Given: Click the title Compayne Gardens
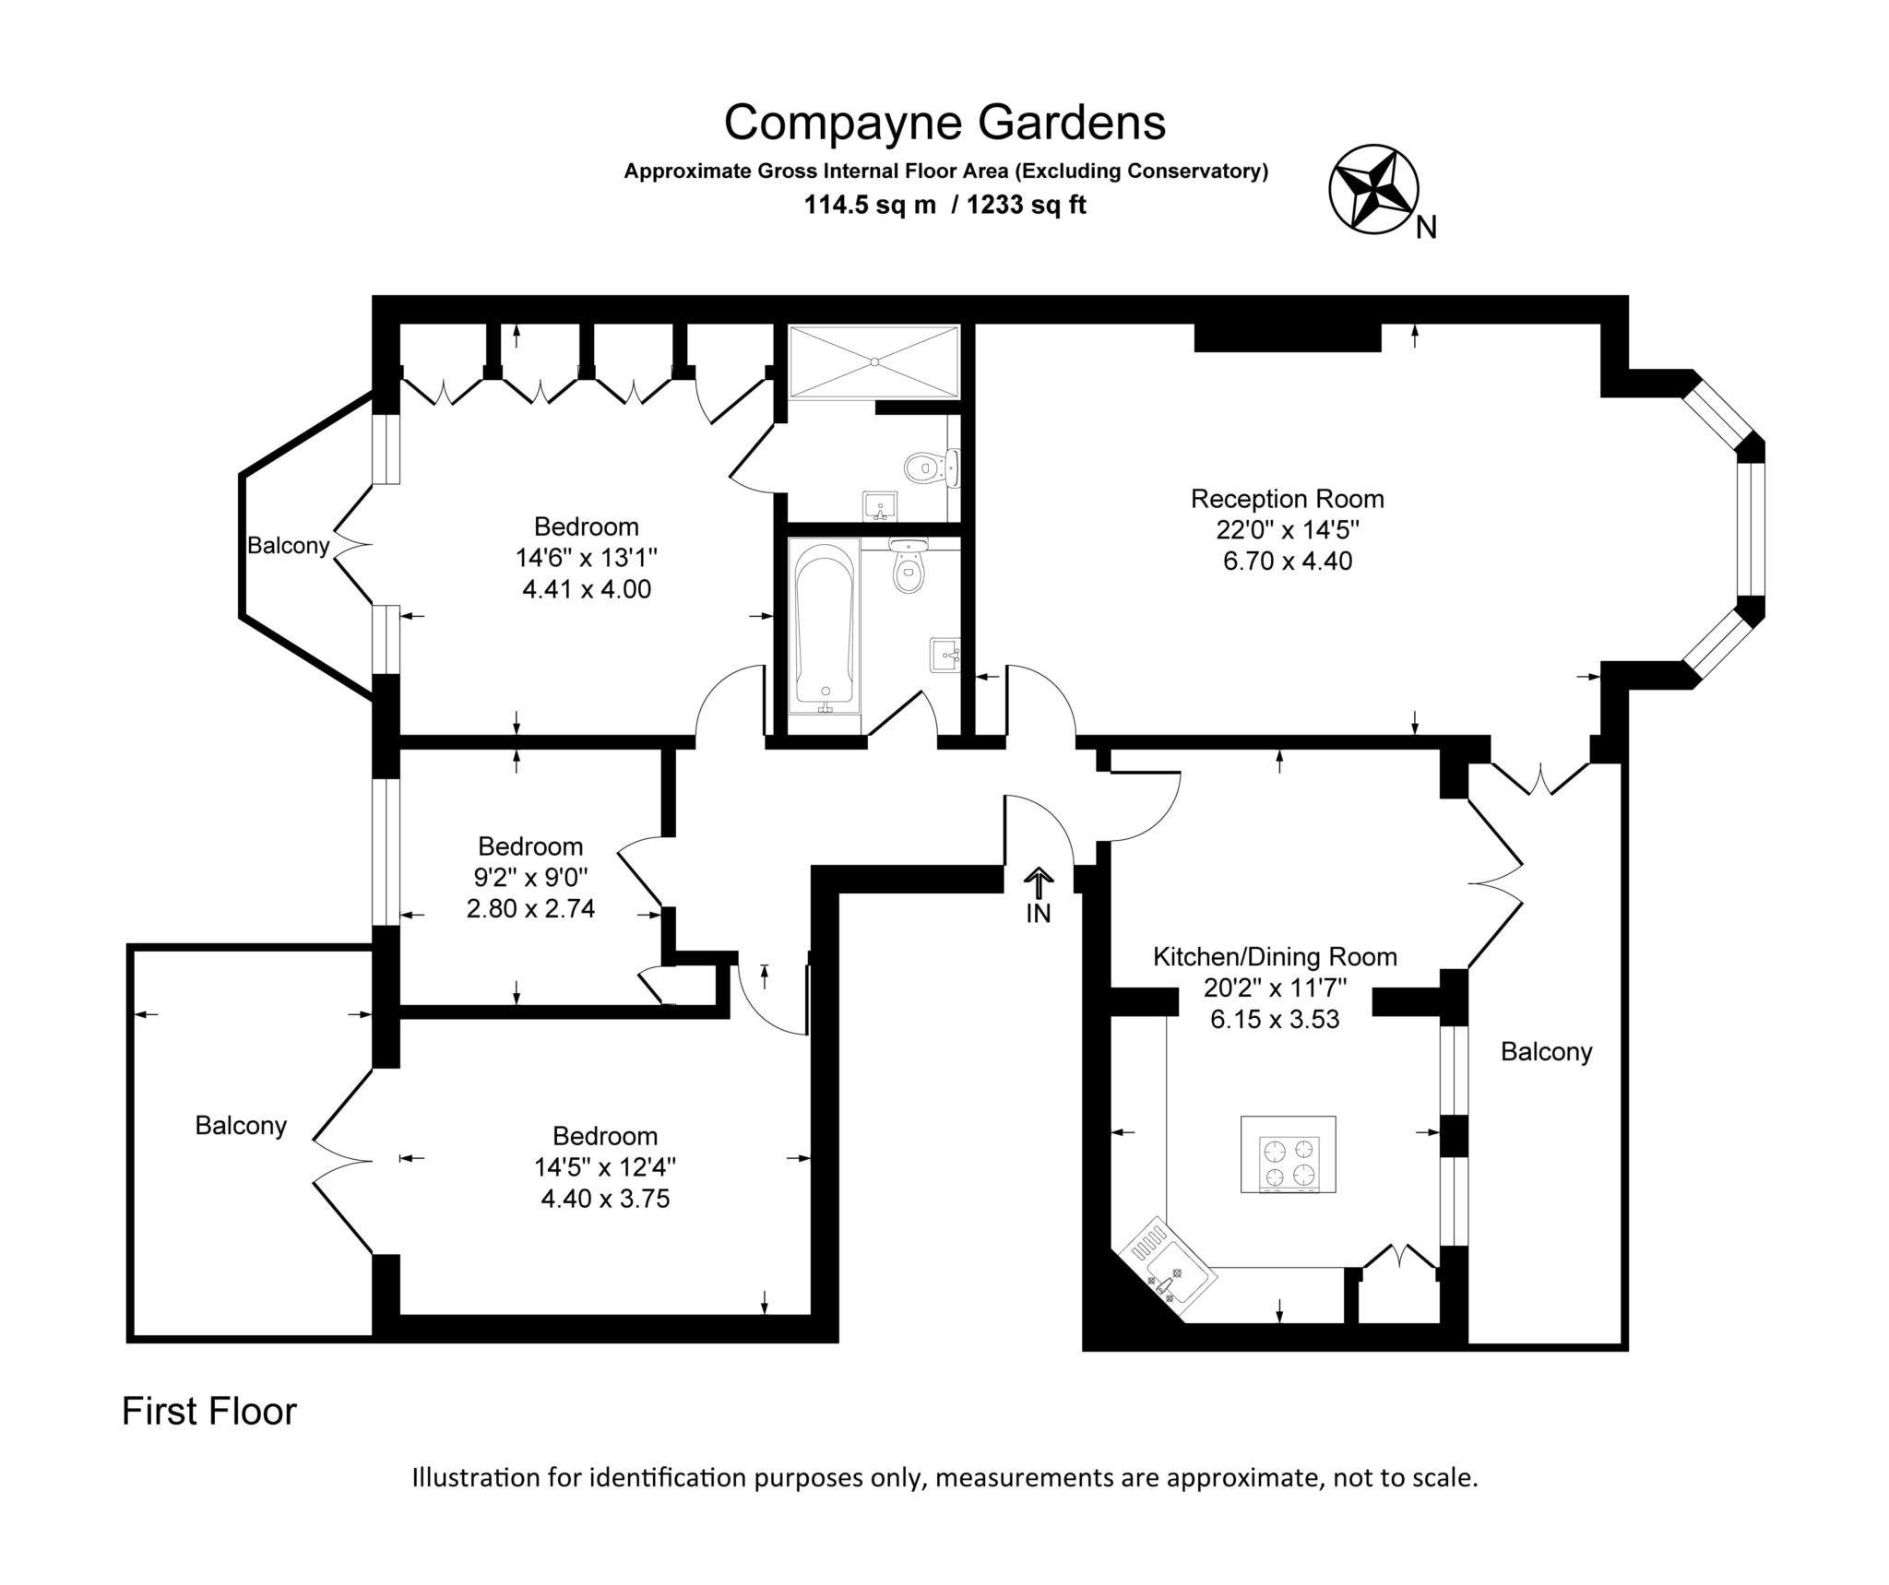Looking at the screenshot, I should pyautogui.click(x=944, y=122).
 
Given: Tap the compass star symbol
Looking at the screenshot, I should pyautogui.click(x=1372, y=188).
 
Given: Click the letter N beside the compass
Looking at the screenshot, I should pyautogui.click(x=1426, y=228).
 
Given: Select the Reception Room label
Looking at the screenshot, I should pyautogui.click(x=1287, y=499).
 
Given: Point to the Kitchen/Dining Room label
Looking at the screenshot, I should pyautogui.click(x=1275, y=956).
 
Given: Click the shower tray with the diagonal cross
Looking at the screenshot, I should pyautogui.click(x=873, y=361).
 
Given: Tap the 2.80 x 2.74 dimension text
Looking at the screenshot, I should pyautogui.click(x=530, y=908).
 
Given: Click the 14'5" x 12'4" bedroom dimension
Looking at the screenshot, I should pyautogui.click(x=605, y=1167).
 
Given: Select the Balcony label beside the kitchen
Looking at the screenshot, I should pyautogui.click(x=1546, y=1051).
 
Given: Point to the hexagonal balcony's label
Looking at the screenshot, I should pyautogui.click(x=288, y=546).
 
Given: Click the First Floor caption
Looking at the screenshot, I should pyautogui.click(x=209, y=1412).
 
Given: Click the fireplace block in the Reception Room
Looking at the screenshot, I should pyautogui.click(x=1287, y=337).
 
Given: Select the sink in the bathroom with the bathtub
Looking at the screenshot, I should pyautogui.click(x=944, y=655).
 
